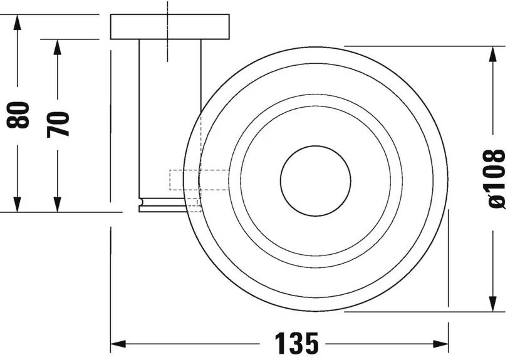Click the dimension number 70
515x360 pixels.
click(x=59, y=123)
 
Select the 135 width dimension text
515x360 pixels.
click(x=298, y=344)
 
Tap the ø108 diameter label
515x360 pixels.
click(x=495, y=178)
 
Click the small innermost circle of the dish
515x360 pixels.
click(x=315, y=178)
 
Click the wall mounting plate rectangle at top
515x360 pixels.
click(x=170, y=27)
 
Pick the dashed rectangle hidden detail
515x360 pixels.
click(x=199, y=180)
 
